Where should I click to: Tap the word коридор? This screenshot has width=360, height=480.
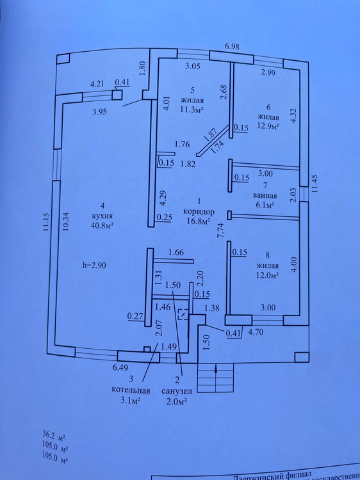pos(199,212)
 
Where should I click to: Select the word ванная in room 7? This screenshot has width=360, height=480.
pos(265,196)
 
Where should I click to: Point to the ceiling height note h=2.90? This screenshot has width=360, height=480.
pos(94,266)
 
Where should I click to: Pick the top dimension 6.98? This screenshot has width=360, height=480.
pos(232,47)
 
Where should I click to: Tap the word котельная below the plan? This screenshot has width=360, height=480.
pos(131,390)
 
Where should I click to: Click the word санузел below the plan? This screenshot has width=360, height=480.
pos(177,391)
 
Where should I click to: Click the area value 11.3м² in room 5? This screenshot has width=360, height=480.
pos(192,109)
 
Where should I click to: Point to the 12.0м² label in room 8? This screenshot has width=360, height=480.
pos(268,275)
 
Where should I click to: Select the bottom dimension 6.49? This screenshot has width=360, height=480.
pos(120,367)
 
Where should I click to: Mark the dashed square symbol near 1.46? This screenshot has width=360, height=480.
pos(184,314)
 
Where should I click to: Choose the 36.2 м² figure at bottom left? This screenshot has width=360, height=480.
pos(54,435)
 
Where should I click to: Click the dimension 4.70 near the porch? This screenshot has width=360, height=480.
pos(256,332)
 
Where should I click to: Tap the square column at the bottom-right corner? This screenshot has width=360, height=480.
pos(302,357)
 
